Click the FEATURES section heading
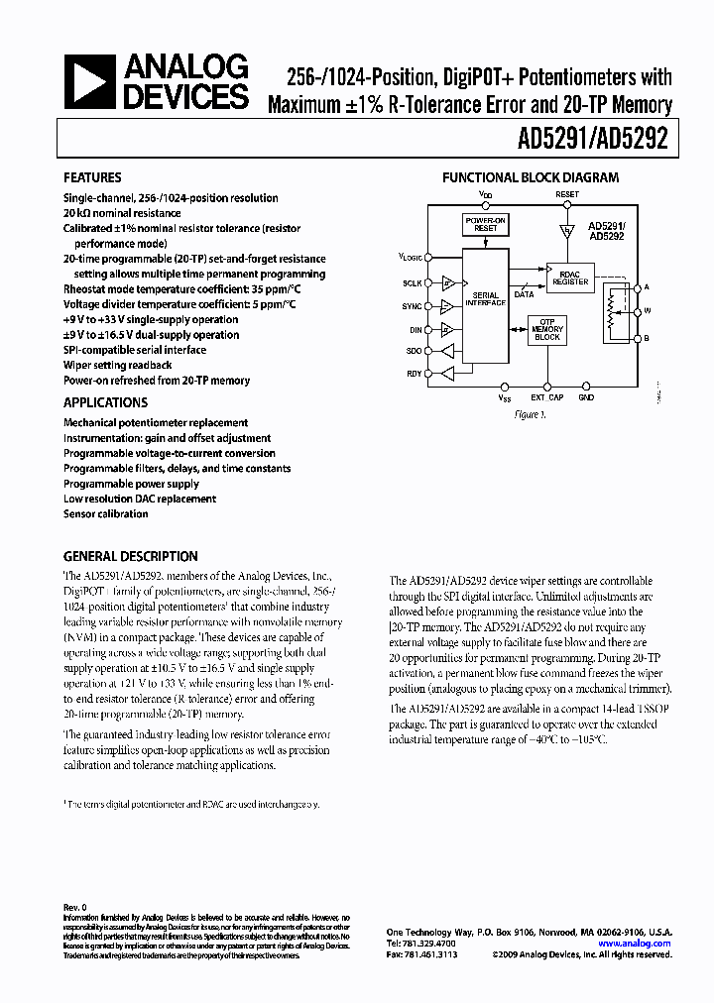click(92, 178)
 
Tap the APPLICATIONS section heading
click(105, 402)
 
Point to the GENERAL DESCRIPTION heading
click(130, 557)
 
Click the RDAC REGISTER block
click(570, 277)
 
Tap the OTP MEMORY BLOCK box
click(547, 332)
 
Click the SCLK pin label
click(413, 282)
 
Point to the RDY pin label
click(414, 374)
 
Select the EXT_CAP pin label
click(546, 397)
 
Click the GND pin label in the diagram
click(586, 397)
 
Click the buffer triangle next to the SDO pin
click(448, 351)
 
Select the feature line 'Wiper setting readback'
click(117, 365)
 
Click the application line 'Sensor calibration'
click(107, 514)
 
